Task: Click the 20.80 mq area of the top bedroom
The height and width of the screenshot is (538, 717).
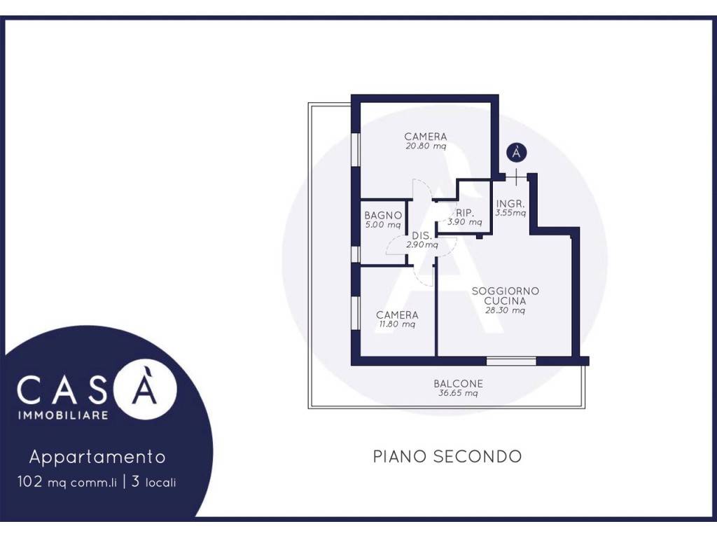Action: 425,146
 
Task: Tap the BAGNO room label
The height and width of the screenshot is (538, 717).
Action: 383,215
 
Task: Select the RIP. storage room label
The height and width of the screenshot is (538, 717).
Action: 465,213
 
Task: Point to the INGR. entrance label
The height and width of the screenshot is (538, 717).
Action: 510,204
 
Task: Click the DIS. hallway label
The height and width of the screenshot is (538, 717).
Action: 422,235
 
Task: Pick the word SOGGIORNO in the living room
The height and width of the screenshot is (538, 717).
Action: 506,291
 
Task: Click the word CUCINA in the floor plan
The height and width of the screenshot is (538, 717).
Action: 505,301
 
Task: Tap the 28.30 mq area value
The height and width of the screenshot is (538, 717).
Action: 505,310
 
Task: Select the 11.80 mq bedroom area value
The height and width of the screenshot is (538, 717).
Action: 397,324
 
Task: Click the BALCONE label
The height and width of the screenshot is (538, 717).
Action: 458,384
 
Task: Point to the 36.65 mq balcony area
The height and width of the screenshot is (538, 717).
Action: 458,393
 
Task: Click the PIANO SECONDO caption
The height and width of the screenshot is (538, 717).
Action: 447,457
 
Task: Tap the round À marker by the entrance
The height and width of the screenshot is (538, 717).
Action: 516,152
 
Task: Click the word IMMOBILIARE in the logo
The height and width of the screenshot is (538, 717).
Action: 63,415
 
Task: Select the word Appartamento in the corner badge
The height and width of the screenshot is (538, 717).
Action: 97,457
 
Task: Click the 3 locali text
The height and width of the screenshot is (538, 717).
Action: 153,482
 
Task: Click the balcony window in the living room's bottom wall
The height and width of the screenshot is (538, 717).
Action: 510,361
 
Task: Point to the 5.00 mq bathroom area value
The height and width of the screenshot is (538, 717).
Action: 383,225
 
